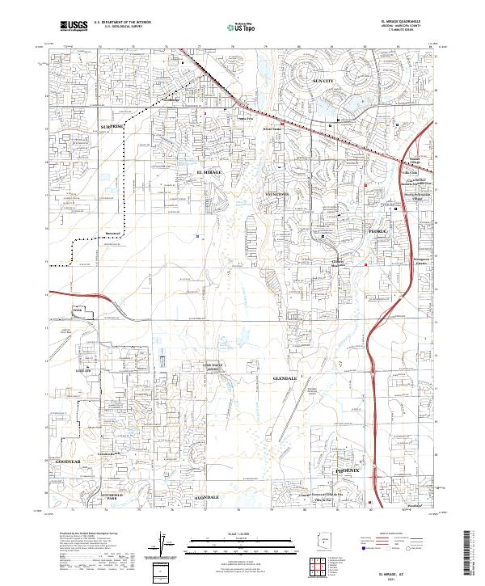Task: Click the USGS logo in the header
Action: (73, 27)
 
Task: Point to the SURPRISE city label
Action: (112, 127)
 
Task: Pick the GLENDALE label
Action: (286, 377)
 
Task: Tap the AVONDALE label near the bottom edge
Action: (206, 495)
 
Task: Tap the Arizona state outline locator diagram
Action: (328, 538)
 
